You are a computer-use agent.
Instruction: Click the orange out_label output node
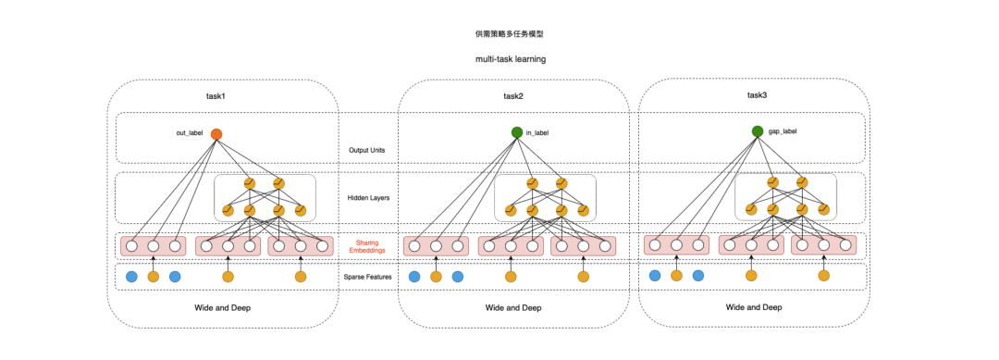pyautogui.click(x=216, y=134)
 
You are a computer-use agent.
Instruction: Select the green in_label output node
pyautogui.click(x=517, y=132)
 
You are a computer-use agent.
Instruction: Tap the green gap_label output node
pyautogui.click(x=757, y=131)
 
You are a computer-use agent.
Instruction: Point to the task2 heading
pyautogui.click(x=513, y=97)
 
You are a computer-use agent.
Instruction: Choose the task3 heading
pyautogui.click(x=758, y=95)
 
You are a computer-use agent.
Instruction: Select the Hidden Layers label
pyautogui.click(x=368, y=197)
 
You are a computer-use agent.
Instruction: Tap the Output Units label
pyautogui.click(x=366, y=150)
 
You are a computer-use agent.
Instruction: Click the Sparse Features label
pyautogui.click(x=367, y=277)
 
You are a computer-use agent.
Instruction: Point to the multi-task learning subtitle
pyautogui.click(x=511, y=59)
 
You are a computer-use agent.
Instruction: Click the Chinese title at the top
pyautogui.click(x=510, y=34)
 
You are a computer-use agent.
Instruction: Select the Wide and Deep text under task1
pyautogui.click(x=222, y=308)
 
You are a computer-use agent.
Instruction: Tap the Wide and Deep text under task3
pyautogui.click(x=754, y=307)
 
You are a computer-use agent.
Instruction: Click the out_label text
pyautogui.click(x=190, y=134)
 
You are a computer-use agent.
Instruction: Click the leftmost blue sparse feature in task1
pyautogui.click(x=131, y=277)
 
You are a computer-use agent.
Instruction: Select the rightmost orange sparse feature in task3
pyautogui.click(x=824, y=275)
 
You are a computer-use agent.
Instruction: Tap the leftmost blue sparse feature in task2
pyautogui.click(x=414, y=277)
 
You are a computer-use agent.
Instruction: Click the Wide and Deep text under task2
pyautogui.click(x=513, y=308)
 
